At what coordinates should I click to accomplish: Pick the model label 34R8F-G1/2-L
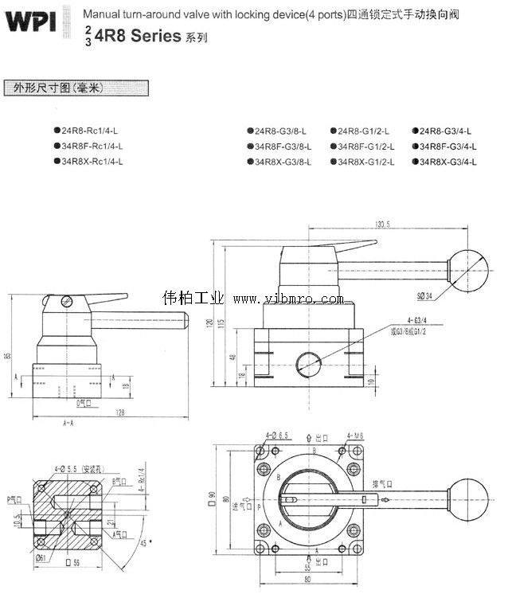click(365, 146)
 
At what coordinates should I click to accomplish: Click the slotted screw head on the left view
click(67, 302)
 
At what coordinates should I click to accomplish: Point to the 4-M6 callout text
click(355, 436)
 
